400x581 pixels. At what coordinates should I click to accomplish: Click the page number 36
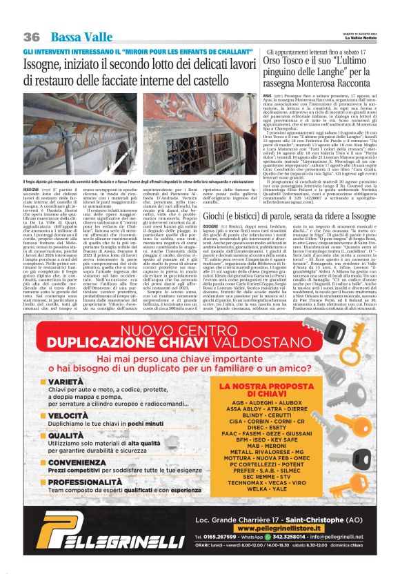click(31, 37)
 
